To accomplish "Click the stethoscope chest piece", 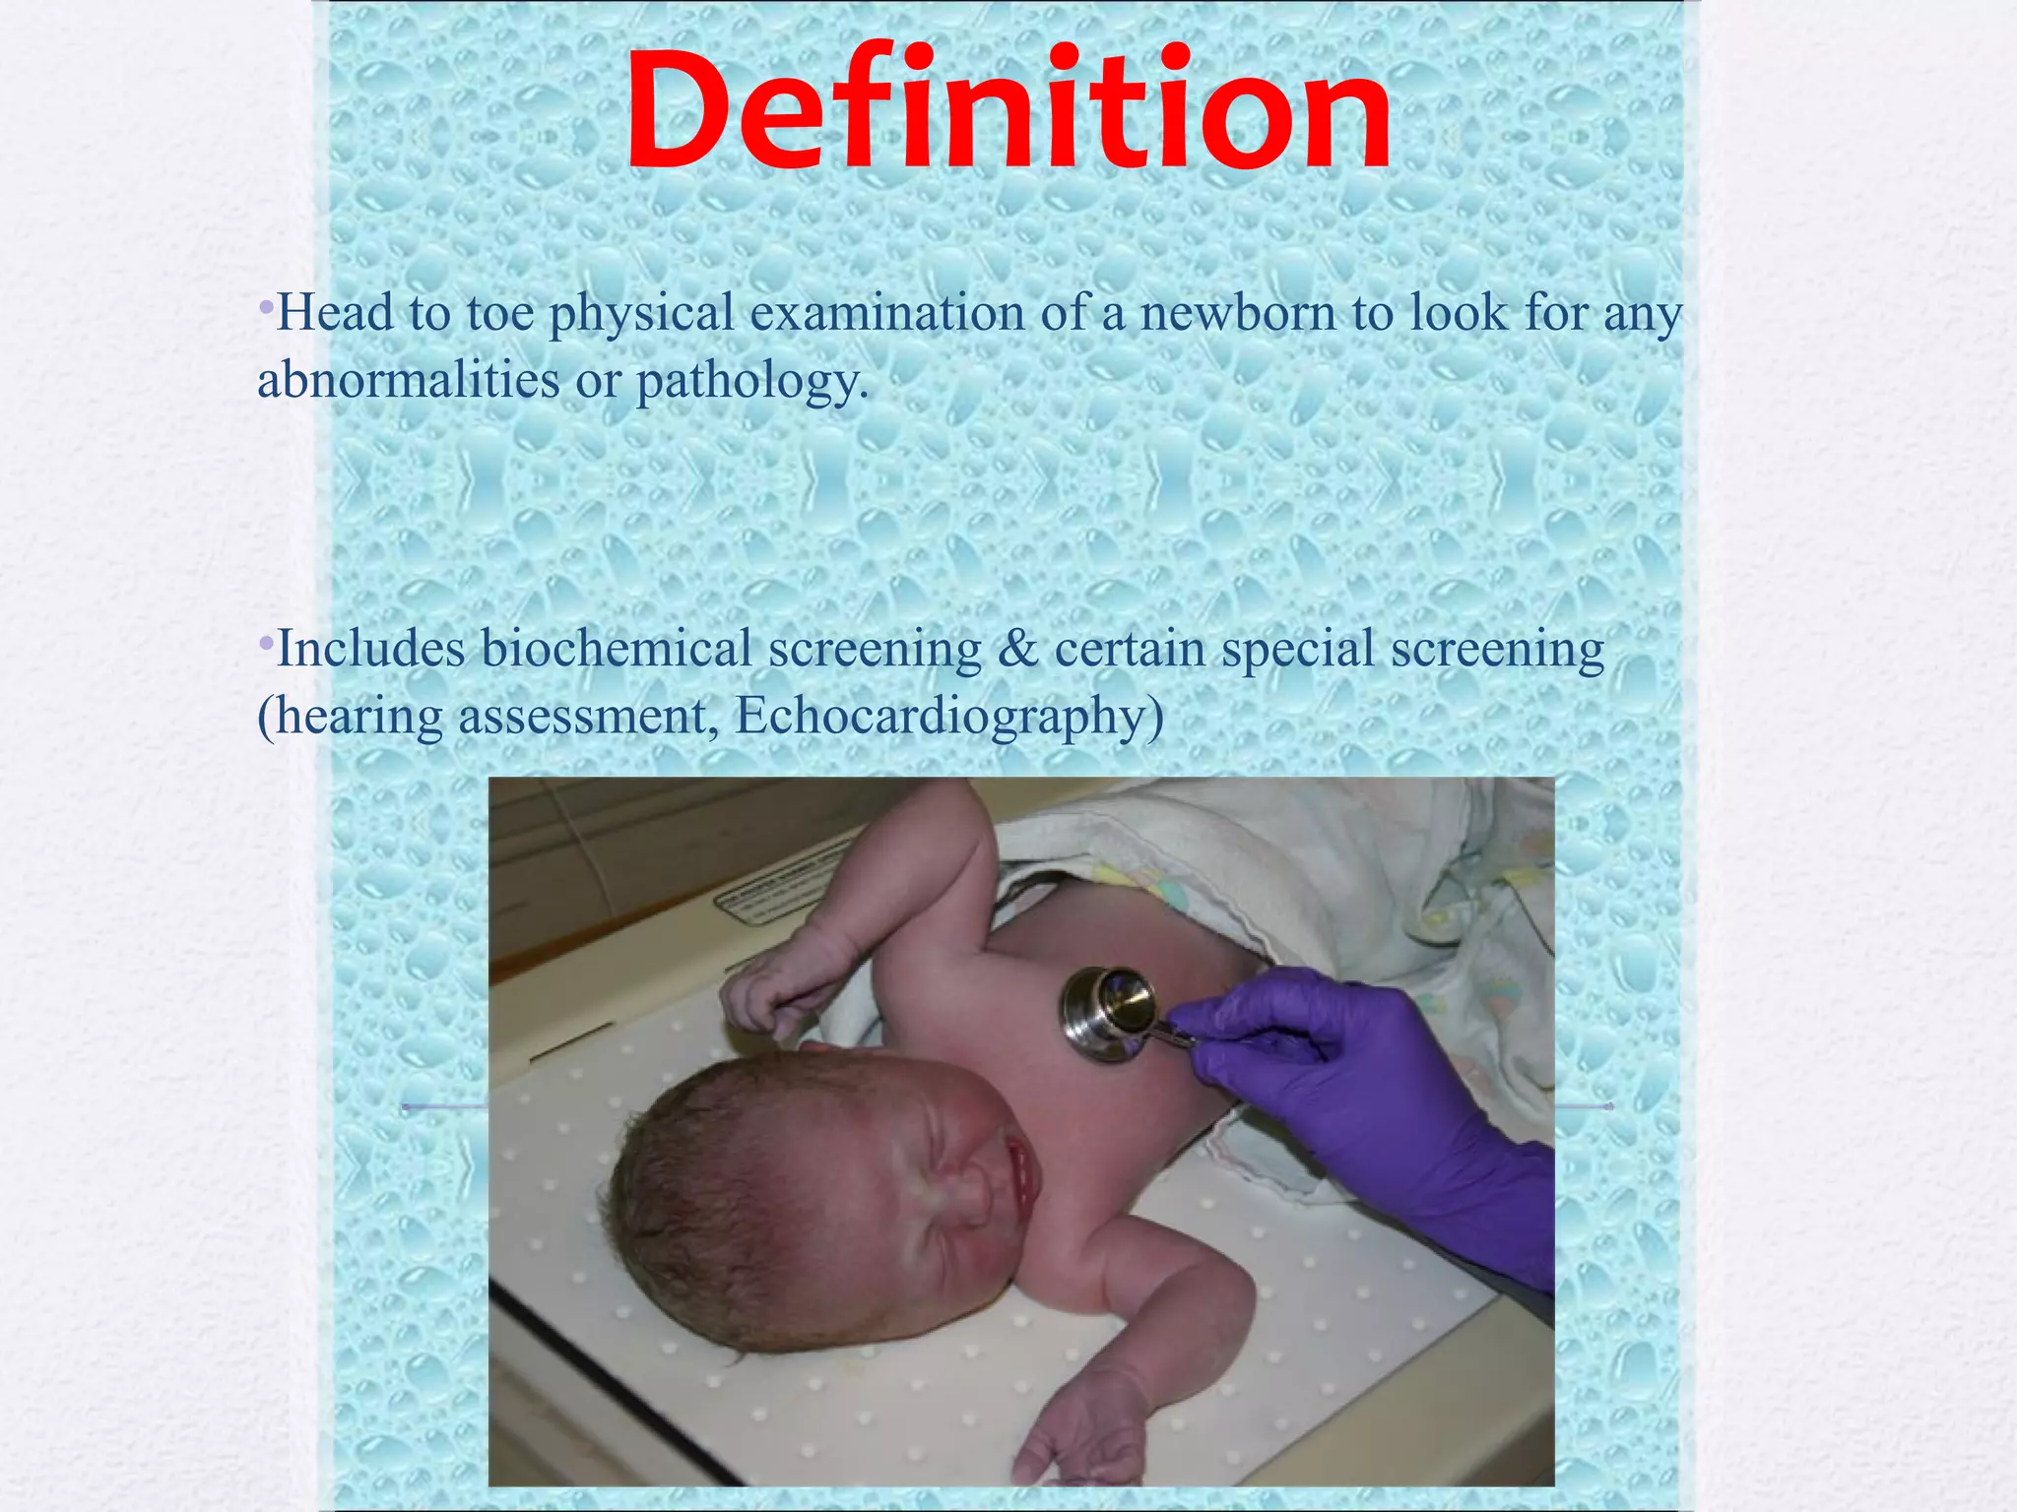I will tap(1107, 1014).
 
